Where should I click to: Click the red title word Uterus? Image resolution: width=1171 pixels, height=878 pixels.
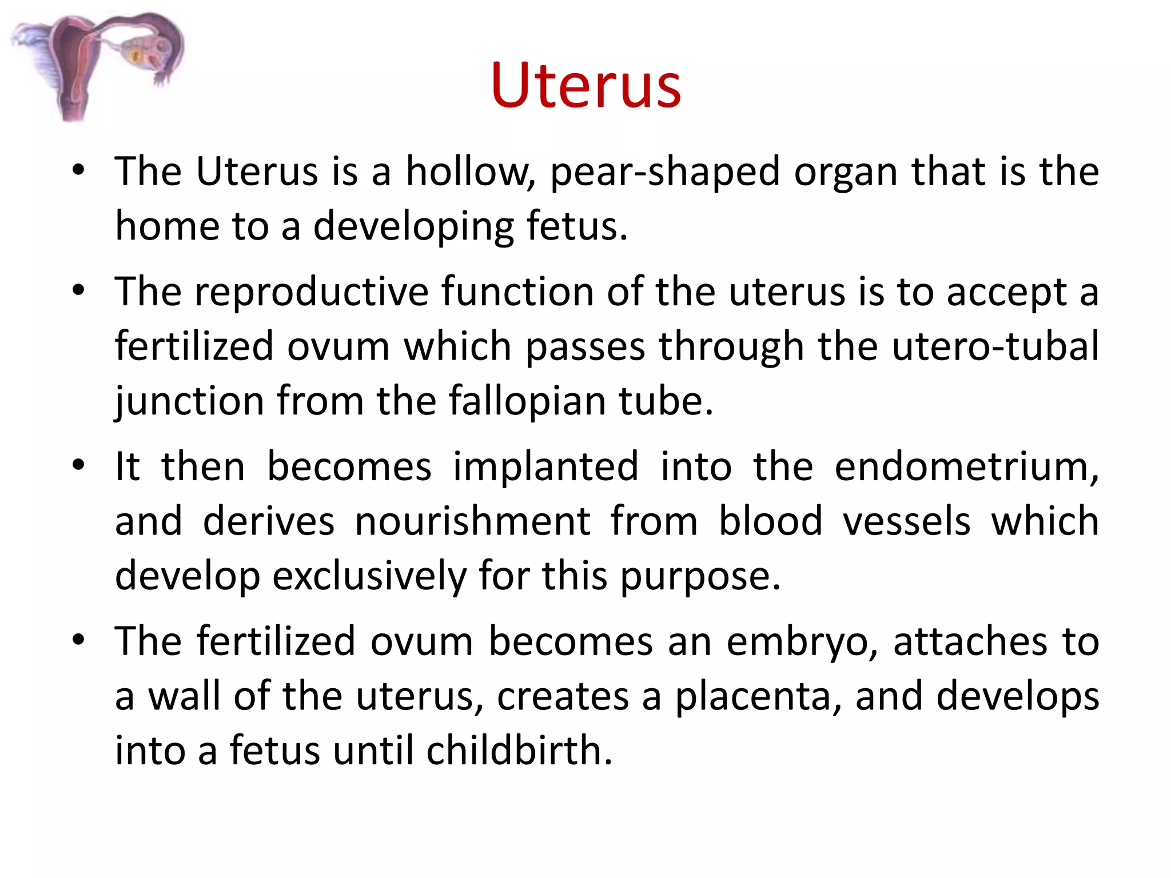[585, 86]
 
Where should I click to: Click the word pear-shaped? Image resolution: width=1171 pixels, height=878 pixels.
[664, 171]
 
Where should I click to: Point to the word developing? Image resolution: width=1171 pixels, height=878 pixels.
[413, 226]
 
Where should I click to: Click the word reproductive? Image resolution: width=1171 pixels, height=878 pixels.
[312, 292]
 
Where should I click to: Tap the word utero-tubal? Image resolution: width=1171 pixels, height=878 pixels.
[995, 346]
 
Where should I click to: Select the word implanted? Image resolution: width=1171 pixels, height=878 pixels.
[545, 466]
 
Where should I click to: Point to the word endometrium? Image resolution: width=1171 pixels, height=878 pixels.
[966, 466]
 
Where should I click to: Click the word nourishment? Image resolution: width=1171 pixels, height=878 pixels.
[472, 521]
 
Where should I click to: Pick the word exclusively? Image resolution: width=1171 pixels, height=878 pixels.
[369, 576]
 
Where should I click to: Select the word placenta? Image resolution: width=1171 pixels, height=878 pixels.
[758, 696]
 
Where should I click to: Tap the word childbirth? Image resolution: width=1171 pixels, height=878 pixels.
[519, 751]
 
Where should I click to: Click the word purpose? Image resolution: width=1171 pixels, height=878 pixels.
[700, 576]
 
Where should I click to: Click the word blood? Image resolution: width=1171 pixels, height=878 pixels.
[770, 521]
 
